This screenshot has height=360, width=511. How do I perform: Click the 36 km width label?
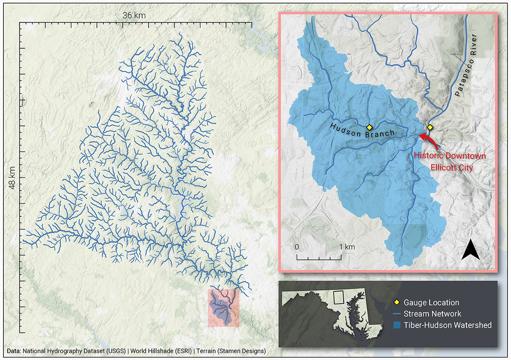point(134,15)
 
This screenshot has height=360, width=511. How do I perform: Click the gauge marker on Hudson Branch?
point(369,127)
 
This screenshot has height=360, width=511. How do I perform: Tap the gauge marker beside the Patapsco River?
point(430,127)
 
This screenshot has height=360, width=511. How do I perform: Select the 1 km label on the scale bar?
point(347,247)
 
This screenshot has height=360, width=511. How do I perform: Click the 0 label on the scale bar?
point(297,247)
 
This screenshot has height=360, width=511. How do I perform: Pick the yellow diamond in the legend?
point(396,302)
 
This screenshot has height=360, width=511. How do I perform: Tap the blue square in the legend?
point(396,325)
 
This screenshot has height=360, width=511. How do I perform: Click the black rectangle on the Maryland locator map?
point(339,297)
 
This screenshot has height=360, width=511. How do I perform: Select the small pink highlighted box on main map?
point(224,308)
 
